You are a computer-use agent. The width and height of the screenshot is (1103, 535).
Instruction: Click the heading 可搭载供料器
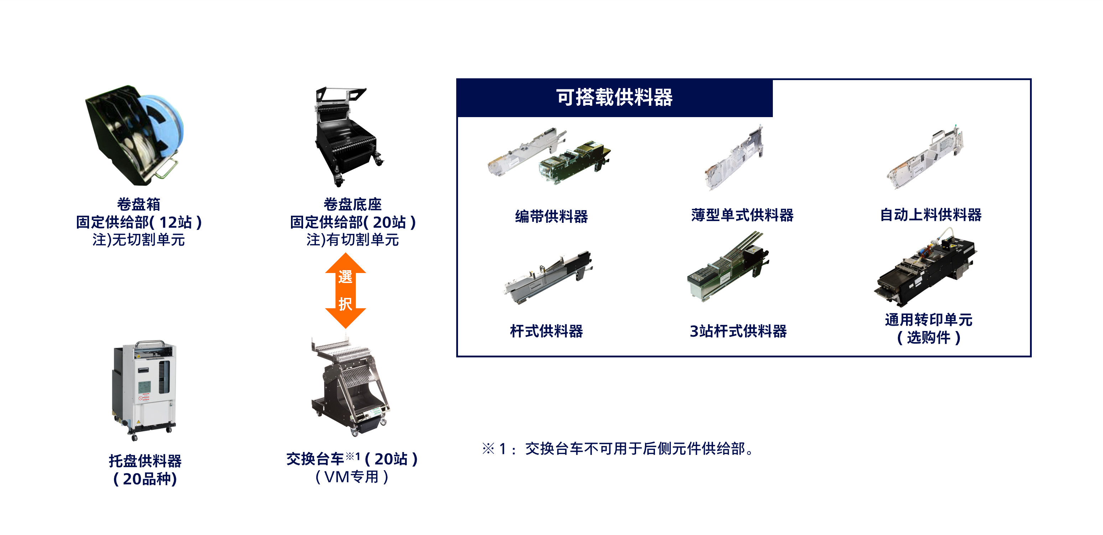(614, 98)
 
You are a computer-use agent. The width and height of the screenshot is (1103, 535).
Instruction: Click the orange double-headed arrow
(345, 290)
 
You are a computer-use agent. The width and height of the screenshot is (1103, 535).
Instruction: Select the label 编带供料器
(551, 216)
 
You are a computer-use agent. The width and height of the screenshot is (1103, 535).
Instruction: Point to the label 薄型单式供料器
(742, 215)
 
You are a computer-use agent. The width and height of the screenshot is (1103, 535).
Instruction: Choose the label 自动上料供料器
(930, 215)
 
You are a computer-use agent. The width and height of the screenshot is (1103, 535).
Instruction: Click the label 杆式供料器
(546, 331)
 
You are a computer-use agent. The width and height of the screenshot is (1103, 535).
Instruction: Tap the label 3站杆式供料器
(738, 331)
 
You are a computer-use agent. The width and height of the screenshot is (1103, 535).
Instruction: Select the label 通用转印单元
(928, 320)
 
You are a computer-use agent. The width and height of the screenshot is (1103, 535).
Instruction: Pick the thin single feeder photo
(735, 157)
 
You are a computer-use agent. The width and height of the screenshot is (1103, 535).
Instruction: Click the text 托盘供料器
(145, 461)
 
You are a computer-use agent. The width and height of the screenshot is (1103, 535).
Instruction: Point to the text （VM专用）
(352, 477)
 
